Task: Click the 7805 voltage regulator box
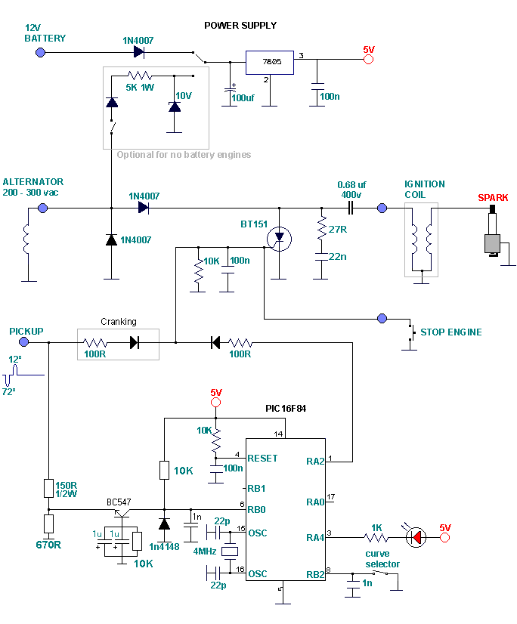(x=268, y=63)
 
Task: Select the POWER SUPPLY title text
(x=240, y=26)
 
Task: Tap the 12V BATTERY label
(x=45, y=32)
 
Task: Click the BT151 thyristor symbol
(x=279, y=238)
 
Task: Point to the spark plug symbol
(x=493, y=230)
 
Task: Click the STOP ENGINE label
(x=450, y=332)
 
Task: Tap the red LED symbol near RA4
(x=415, y=537)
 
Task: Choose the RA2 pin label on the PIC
(x=317, y=459)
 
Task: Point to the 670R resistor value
(x=48, y=544)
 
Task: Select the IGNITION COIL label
(x=424, y=189)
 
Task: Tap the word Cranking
(x=119, y=322)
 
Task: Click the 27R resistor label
(x=336, y=228)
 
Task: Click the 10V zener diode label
(x=184, y=96)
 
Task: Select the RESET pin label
(x=262, y=459)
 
